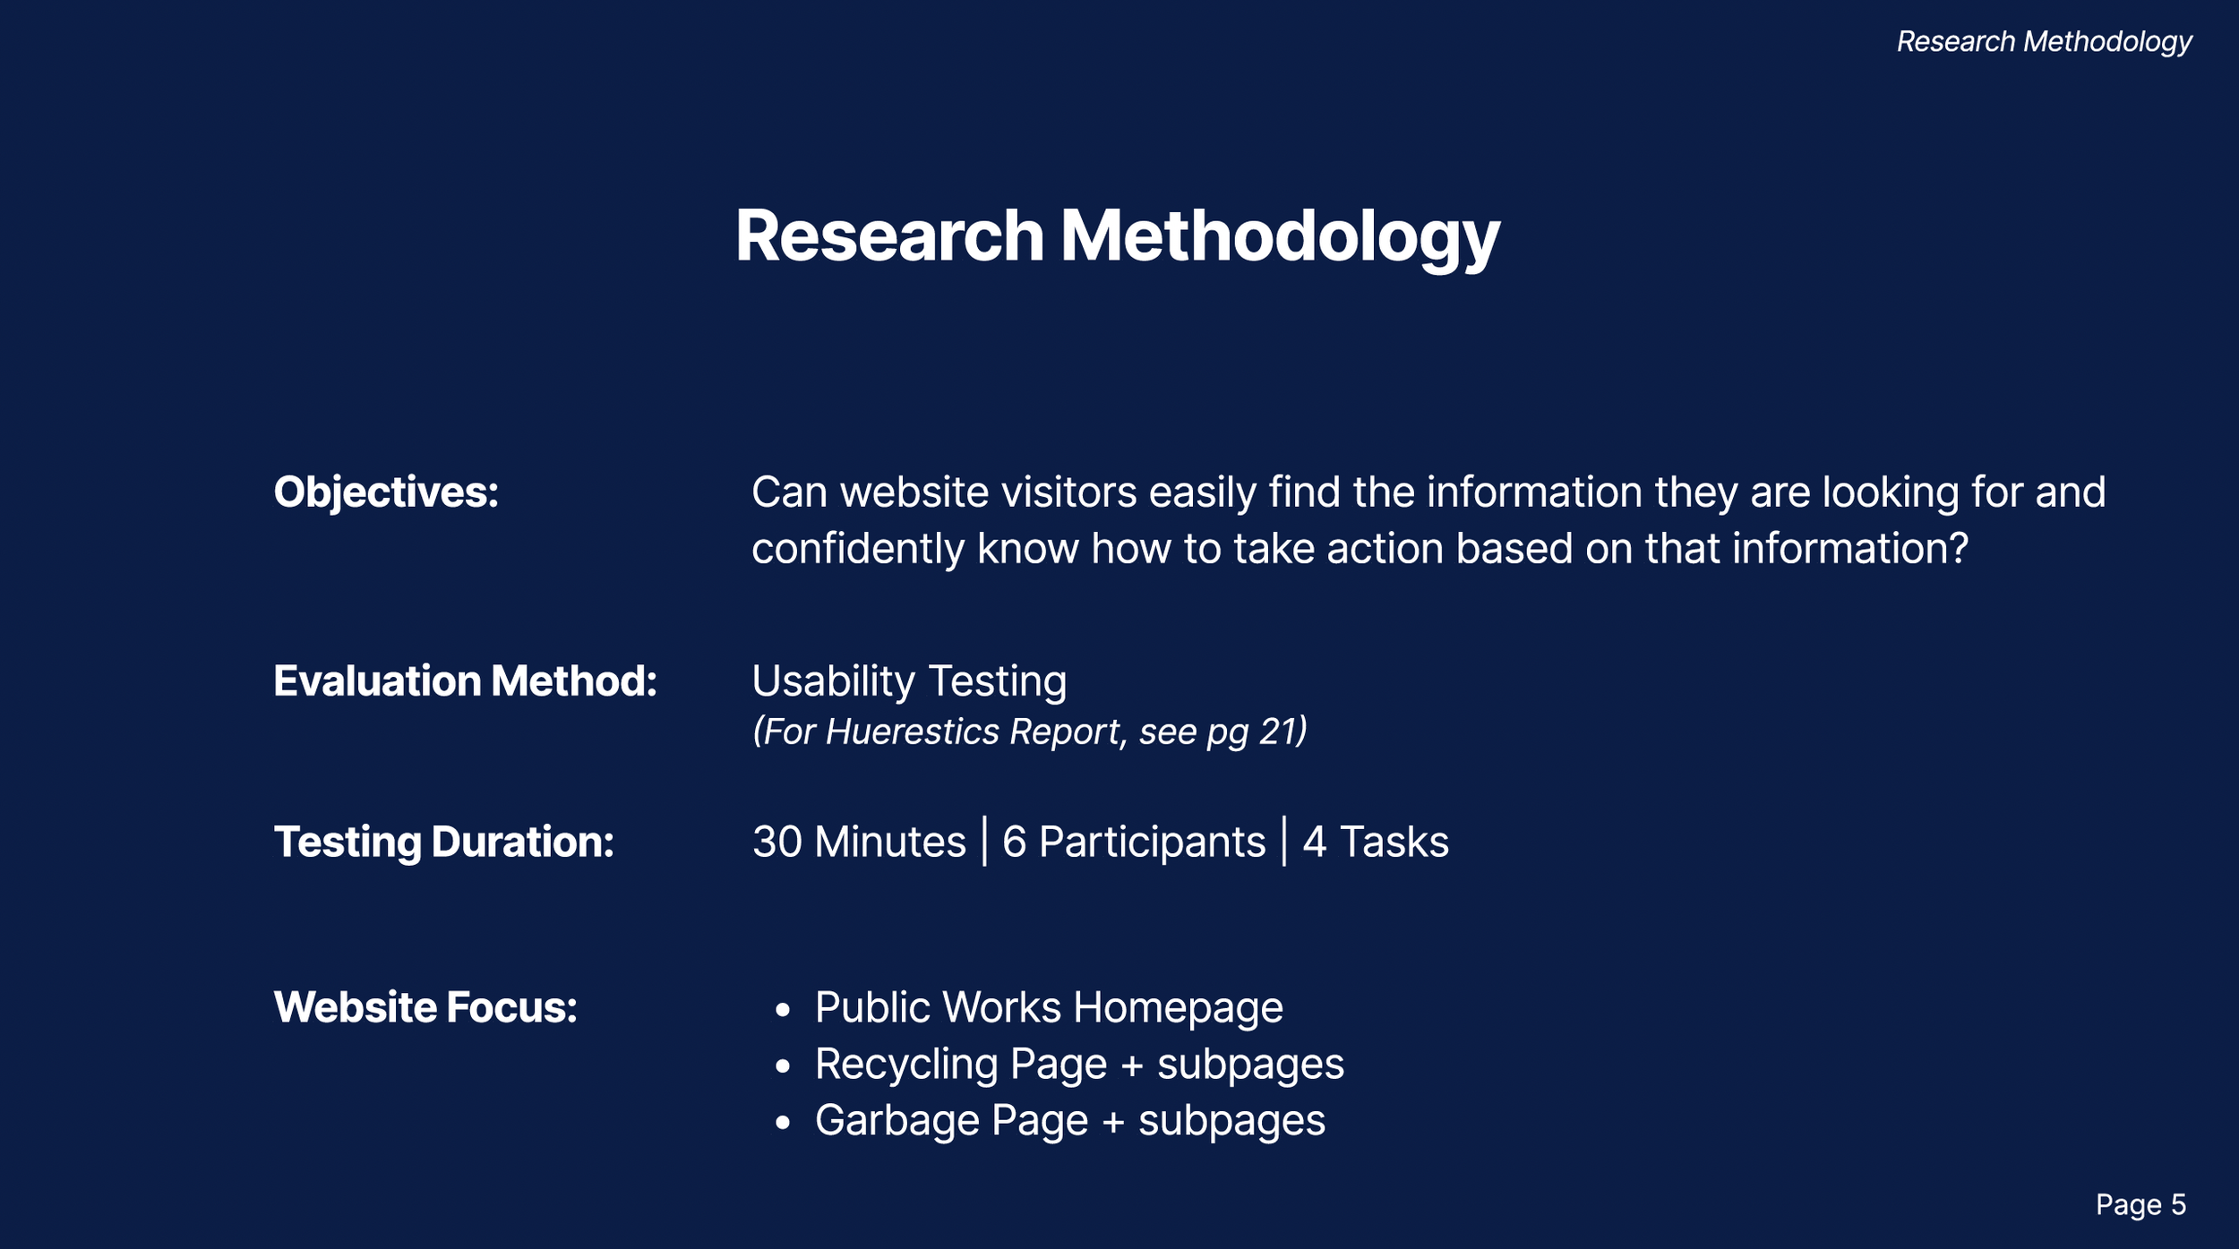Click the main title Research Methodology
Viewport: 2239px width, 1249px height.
pos(1117,236)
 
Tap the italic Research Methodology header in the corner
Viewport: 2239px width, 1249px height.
pos(2044,42)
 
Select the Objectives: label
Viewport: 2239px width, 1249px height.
pos(386,492)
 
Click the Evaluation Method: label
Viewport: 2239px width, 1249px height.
pos(465,681)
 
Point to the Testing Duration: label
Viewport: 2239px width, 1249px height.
pos(443,842)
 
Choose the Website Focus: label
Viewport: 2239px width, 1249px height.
pos(425,1007)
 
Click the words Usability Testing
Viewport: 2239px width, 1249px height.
pos(909,681)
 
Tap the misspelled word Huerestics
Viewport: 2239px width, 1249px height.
pos(911,732)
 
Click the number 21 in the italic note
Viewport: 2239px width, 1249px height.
pos(1278,732)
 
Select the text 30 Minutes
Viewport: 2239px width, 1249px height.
pos(859,842)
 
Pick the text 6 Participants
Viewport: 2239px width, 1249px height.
pos(1133,842)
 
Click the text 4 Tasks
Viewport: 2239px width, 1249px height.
pos(1375,842)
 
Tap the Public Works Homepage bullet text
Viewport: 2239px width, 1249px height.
pos(1048,1007)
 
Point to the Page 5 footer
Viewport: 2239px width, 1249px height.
pos(2140,1204)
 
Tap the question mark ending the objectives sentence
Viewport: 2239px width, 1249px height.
pos(1959,549)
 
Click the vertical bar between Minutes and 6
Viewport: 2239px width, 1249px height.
pos(984,842)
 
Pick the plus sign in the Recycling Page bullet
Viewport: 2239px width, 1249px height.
pos(1132,1065)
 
